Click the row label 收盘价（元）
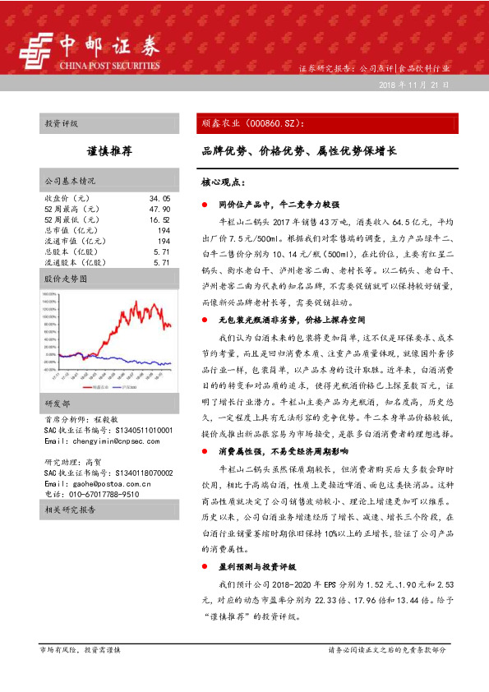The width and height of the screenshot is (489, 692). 67,199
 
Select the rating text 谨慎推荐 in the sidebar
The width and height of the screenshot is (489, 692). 109,152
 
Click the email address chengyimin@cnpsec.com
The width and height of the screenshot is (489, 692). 102,441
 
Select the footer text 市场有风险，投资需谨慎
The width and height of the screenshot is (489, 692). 80,649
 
